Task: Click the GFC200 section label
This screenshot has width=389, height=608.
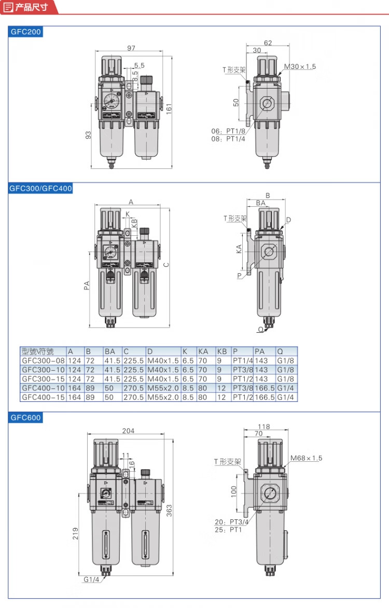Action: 25,32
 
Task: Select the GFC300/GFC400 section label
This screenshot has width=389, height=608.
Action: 41,189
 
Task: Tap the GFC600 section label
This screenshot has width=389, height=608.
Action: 25,418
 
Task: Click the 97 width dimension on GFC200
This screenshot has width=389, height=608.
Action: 131,48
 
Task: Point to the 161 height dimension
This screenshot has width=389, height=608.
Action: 169,108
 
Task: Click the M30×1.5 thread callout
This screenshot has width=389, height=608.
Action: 300,67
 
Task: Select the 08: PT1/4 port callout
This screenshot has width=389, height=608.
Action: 228,139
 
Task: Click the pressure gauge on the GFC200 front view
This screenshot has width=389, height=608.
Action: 112,101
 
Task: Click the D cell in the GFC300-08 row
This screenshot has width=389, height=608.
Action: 163,361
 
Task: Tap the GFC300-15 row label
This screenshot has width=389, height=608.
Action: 43,379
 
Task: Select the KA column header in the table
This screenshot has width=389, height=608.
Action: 203,352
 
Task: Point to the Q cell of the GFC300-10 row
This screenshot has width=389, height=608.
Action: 285,370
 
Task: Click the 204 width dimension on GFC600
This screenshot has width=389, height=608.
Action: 129,431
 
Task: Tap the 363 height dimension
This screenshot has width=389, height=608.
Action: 169,510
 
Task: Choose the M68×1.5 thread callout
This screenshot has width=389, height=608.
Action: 307,458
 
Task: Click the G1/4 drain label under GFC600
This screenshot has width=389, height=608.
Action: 91,579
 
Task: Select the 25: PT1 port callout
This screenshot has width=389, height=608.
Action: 228,530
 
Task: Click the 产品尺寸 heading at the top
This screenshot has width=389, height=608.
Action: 32,7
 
